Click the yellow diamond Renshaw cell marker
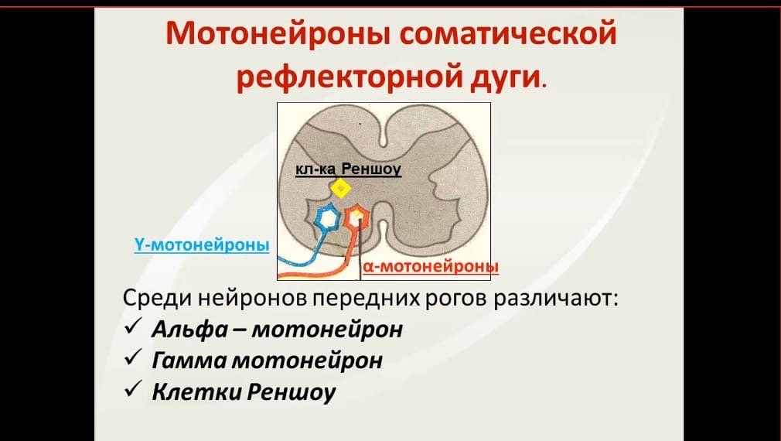pos(341,189)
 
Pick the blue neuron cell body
pos(327,218)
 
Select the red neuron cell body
pos(356,217)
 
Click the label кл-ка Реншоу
pos(348,169)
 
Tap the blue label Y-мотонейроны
pos(202,245)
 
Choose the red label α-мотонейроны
pos(431,267)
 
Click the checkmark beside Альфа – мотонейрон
pos(134,327)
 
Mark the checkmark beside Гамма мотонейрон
pos(134,357)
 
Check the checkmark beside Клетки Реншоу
pos(134,388)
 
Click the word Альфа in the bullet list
pos(189,330)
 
